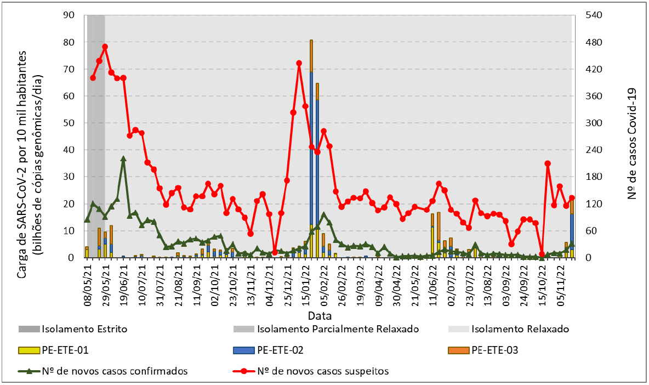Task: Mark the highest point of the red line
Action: [105, 47]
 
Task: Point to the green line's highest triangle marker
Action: [123, 158]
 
